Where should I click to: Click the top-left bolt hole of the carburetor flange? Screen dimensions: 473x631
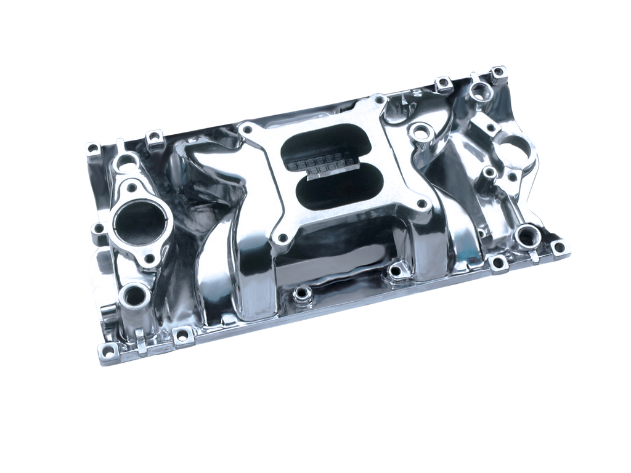(x=249, y=131)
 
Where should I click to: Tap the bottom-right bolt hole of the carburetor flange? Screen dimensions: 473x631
(x=421, y=203)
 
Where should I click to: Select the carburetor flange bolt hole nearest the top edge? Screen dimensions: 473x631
(x=379, y=99)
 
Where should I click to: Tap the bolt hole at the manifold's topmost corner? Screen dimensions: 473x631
(x=497, y=71)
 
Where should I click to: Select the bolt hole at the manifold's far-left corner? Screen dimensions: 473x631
(x=92, y=147)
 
